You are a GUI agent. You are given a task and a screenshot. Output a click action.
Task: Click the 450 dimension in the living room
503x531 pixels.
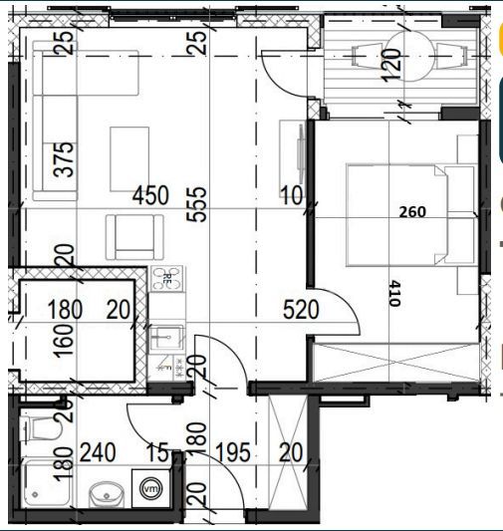[150, 195]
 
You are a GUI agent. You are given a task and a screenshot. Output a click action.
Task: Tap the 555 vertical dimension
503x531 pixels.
[197, 204]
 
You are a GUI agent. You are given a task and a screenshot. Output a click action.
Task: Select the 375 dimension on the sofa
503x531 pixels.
[64, 159]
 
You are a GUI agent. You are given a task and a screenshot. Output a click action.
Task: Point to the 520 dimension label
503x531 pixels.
[301, 310]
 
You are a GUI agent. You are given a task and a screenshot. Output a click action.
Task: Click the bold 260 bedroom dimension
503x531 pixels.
[412, 212]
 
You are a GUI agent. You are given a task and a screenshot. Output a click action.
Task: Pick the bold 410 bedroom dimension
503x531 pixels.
[394, 293]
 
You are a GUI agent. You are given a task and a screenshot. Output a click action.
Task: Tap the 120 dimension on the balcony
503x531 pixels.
[391, 65]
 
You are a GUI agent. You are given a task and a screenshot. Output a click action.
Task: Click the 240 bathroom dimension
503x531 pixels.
[98, 452]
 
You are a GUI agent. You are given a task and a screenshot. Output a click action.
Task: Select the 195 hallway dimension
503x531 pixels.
[233, 452]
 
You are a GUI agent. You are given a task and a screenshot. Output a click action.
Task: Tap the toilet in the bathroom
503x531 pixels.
[41, 428]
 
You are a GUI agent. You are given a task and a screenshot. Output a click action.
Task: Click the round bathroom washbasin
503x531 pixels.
[107, 495]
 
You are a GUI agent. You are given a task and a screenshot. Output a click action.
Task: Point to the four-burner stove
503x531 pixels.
[167, 279]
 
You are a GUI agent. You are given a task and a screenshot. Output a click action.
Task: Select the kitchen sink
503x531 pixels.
[167, 338]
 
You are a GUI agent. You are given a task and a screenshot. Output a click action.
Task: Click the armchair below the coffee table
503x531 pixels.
[134, 237]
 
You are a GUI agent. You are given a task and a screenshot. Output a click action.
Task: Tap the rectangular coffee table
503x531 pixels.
[129, 159]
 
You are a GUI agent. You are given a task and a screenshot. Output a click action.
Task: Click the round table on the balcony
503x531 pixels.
[410, 56]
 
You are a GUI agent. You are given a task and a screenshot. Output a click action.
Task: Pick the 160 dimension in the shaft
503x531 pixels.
[64, 341]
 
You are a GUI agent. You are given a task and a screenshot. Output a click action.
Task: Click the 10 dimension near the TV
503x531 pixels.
[292, 195]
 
